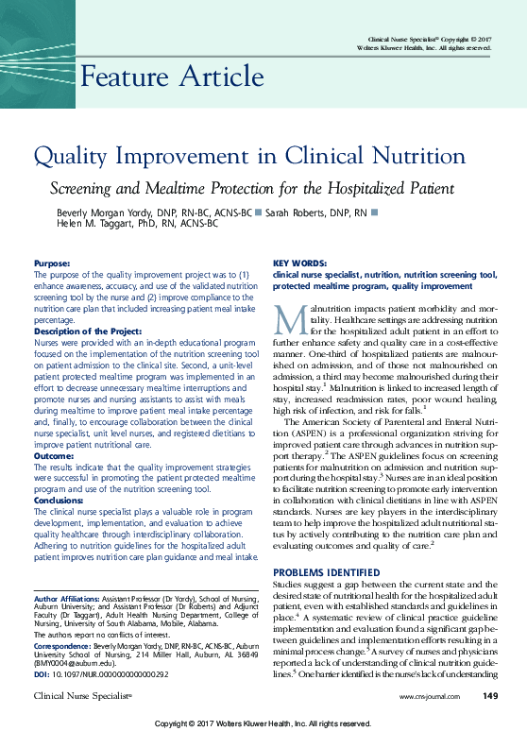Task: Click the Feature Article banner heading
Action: pos(172,76)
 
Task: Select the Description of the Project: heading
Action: pos(88,331)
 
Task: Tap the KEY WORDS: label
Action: pos(296,263)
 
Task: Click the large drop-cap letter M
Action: pos(289,318)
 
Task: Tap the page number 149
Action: pos(489,696)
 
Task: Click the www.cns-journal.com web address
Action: pos(429,697)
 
